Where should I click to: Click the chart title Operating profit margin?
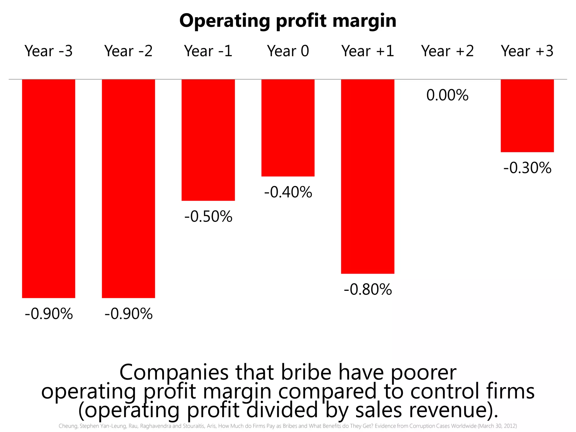coord(288,21)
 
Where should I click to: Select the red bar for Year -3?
coord(49,188)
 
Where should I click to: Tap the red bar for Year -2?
coord(128,188)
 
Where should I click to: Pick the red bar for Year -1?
coord(208,140)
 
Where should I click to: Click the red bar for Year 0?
coord(288,128)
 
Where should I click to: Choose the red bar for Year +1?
coord(368,176)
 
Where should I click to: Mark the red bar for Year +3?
coord(527,116)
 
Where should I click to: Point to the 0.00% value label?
coord(447,95)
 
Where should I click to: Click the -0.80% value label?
coord(368,289)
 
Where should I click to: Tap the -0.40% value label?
coord(288,192)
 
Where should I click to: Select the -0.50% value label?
coord(208,217)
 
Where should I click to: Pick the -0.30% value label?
coord(527,168)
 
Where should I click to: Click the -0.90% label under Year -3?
coord(49,314)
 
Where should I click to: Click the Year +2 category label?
coord(447,51)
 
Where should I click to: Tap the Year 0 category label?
coord(288,51)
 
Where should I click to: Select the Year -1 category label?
coord(208,51)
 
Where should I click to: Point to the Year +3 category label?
coord(527,51)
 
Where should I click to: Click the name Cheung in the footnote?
coord(68,426)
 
